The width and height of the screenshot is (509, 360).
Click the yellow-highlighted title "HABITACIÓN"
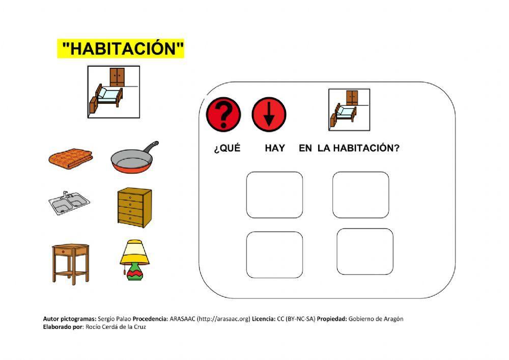pos(121,49)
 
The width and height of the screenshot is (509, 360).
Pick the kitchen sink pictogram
pos(69,204)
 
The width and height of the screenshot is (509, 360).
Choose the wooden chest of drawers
pos(134,206)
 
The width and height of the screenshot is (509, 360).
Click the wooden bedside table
pos(70,262)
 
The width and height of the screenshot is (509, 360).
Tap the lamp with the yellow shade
pos(135,260)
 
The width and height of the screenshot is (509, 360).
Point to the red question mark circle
pos(223,114)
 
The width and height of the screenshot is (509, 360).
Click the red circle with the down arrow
pos(269,114)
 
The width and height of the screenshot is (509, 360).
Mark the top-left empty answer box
pos(274,195)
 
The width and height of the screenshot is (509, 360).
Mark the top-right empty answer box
pos(360,195)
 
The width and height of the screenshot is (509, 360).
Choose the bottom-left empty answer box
pos(274,255)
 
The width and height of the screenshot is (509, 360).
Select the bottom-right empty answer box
pos(364,252)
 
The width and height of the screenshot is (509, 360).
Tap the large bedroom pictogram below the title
pos(114,92)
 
